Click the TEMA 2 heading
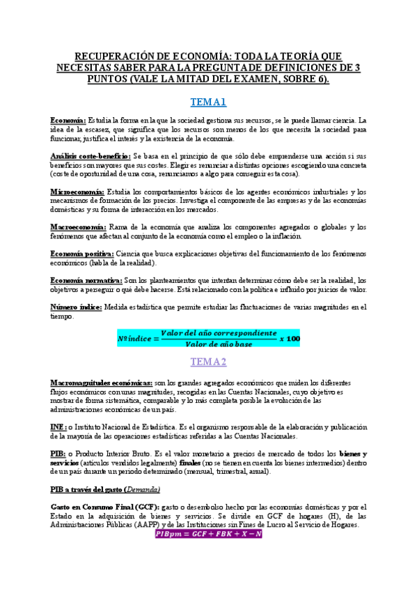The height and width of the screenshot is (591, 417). click(x=209, y=362)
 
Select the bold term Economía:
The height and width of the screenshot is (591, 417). click(x=68, y=121)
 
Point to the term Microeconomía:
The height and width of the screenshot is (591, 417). click(x=77, y=191)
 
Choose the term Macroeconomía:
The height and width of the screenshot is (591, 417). click(x=78, y=227)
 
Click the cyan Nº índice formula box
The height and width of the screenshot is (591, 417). click(x=208, y=338)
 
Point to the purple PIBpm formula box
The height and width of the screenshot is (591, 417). click(x=208, y=514)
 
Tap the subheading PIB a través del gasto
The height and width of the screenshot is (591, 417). click(x=90, y=489)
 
